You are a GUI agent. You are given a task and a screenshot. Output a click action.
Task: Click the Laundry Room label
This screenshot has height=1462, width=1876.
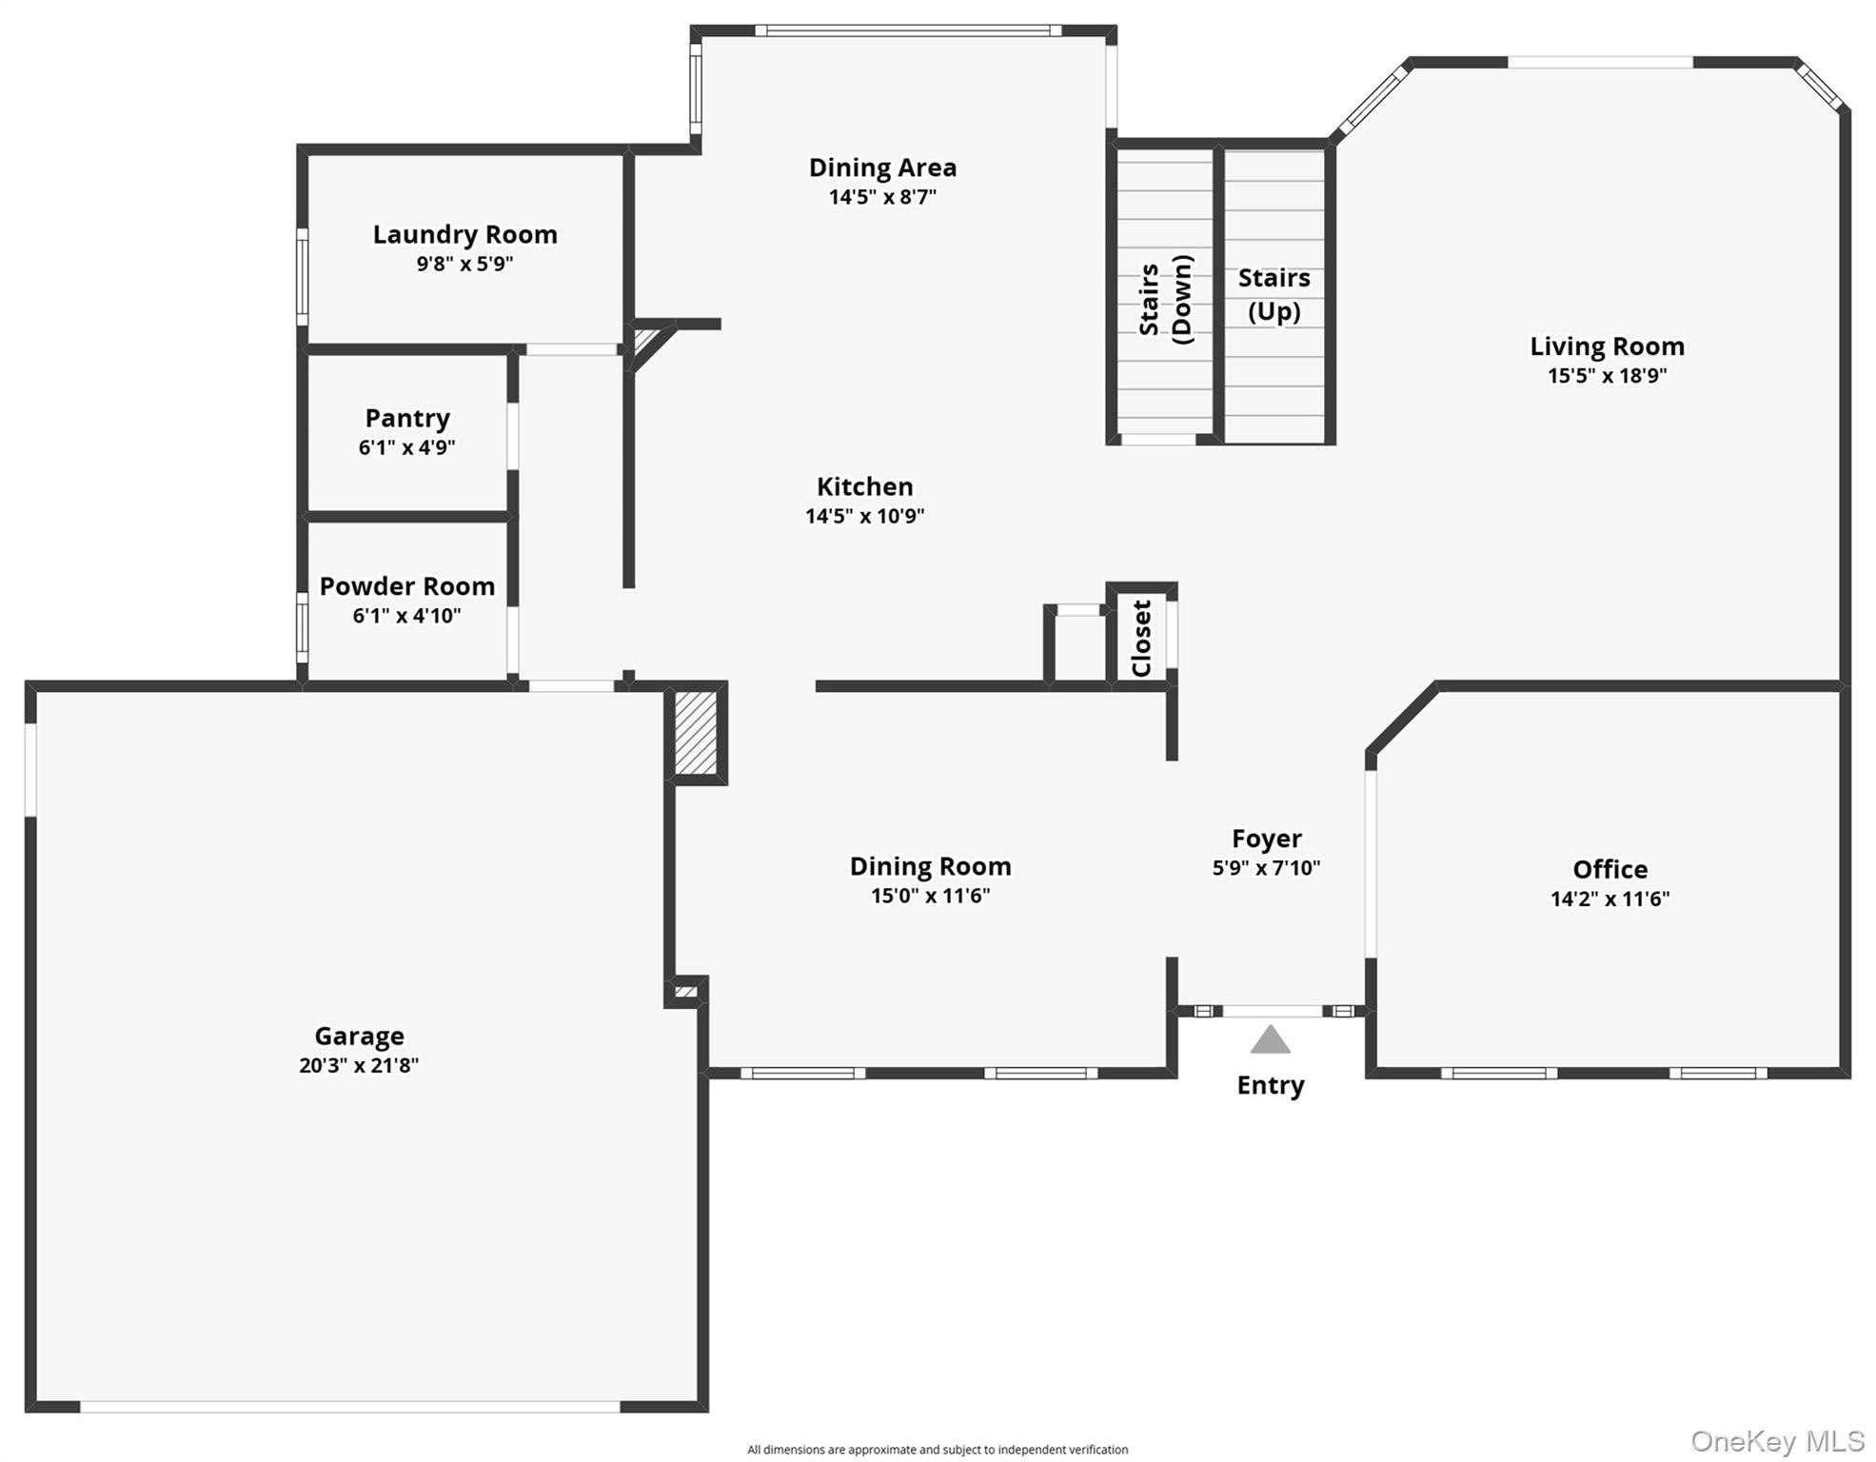point(464,234)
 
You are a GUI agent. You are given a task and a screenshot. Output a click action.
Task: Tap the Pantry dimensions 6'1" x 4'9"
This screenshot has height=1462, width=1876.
point(406,447)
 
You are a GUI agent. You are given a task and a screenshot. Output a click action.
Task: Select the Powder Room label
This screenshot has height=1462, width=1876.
point(406,586)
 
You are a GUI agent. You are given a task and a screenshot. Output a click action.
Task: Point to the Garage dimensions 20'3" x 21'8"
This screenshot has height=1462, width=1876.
point(359,1065)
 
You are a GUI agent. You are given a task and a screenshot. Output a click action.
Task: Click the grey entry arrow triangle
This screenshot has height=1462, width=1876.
point(1270,1040)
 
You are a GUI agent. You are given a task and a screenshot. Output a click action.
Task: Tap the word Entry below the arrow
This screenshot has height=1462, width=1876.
point(1270,1085)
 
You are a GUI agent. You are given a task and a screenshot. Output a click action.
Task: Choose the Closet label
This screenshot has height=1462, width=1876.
point(1141,638)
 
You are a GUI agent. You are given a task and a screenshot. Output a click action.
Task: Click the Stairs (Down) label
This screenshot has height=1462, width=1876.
point(1165,299)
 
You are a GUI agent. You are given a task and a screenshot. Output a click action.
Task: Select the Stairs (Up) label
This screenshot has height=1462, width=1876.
point(1274,294)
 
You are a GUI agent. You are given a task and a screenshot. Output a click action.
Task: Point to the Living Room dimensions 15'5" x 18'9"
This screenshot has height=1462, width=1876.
point(1607,375)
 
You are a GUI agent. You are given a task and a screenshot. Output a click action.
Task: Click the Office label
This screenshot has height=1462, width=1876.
point(1609,869)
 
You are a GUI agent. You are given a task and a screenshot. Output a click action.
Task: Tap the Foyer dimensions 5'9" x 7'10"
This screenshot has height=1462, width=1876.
point(1266,868)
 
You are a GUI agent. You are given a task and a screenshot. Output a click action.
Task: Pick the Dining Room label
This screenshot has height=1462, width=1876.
point(930,866)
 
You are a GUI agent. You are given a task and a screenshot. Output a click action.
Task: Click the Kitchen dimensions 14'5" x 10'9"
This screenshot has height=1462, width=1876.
point(864,516)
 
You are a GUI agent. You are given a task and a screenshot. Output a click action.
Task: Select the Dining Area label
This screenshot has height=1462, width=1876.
point(882,168)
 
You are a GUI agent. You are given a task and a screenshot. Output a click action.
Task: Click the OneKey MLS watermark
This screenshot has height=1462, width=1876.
point(1777,1441)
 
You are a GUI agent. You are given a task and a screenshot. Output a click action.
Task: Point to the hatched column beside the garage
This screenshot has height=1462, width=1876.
point(696,733)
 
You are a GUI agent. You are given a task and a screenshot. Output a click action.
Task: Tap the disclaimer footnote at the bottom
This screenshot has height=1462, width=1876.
point(938,1450)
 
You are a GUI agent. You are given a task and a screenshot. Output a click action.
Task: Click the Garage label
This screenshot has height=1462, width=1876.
point(359,1036)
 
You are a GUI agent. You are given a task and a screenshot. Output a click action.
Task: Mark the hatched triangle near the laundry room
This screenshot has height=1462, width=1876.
point(644,339)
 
